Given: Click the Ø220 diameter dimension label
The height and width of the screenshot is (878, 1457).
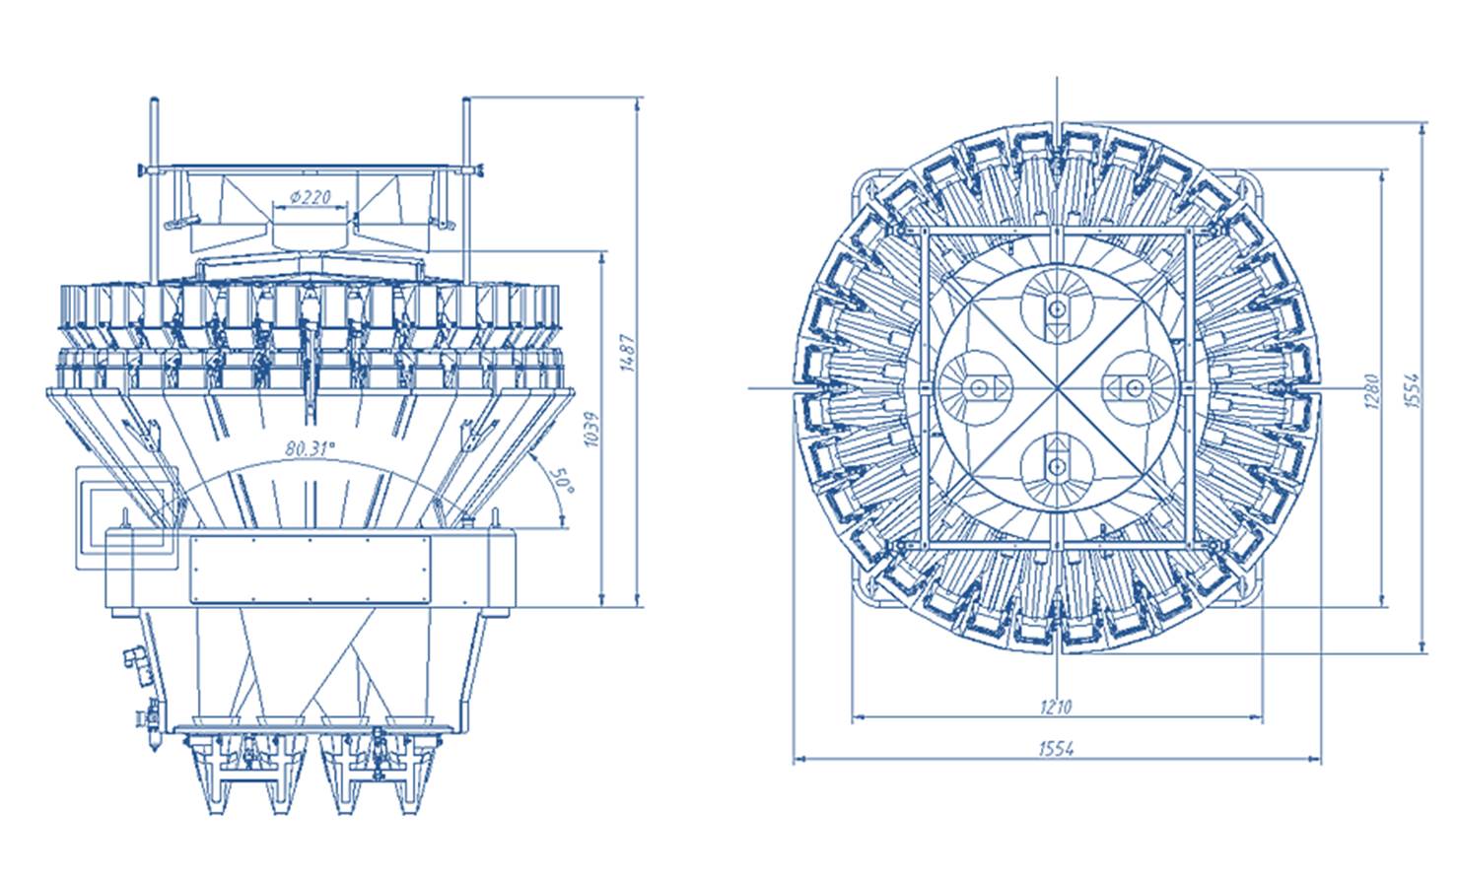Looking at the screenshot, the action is coord(311,196).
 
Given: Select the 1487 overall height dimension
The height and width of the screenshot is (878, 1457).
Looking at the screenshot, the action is coord(627,353).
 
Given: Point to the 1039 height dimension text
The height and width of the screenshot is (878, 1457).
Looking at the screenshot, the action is coord(591,429).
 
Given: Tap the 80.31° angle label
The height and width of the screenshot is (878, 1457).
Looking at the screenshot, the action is coord(311,448).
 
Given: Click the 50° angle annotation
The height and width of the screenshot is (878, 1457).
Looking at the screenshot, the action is coord(562,481).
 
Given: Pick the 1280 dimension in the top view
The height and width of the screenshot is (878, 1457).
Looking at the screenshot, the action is coord(1371,390).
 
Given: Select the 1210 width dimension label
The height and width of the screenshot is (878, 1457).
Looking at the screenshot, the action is coord(1056,707).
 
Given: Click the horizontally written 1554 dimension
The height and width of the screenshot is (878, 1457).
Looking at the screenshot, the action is coord(1056,749).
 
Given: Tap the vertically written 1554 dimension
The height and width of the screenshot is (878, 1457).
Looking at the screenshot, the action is coord(1412,390).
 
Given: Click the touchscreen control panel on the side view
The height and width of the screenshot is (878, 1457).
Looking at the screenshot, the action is coord(127,517).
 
